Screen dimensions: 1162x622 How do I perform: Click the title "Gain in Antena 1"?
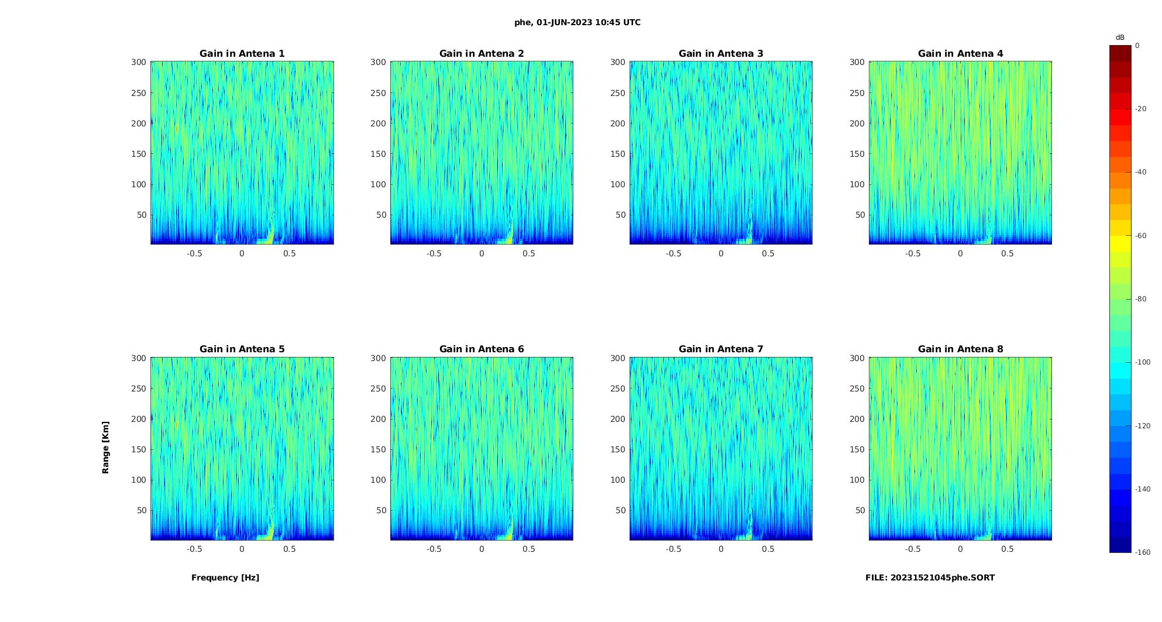pos(242,54)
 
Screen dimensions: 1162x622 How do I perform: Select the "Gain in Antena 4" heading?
pos(960,54)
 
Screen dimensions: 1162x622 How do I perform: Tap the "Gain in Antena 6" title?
pos(482,349)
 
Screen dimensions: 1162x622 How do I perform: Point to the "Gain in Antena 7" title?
pos(721,349)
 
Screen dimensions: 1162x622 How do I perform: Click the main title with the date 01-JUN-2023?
pos(577,23)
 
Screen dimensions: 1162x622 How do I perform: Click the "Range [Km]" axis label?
pos(106,447)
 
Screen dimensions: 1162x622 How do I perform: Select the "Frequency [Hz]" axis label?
pos(225,578)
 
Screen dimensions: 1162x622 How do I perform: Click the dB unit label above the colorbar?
pos(1120,37)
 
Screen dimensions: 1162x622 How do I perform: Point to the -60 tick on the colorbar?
pos(1142,236)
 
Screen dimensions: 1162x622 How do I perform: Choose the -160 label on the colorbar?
pos(1143,552)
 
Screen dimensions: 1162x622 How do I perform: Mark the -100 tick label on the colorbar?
pos(1143,362)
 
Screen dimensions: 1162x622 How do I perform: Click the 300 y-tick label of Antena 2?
pos(378,62)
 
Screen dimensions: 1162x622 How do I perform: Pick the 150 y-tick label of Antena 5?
pos(139,449)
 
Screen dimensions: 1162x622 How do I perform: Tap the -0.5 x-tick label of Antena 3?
pos(673,253)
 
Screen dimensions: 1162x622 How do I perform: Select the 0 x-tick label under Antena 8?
pos(960,549)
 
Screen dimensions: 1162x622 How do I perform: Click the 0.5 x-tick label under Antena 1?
pos(290,253)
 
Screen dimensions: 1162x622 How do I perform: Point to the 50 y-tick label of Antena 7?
pos(621,510)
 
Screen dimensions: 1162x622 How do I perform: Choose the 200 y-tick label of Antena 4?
pos(857,123)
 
